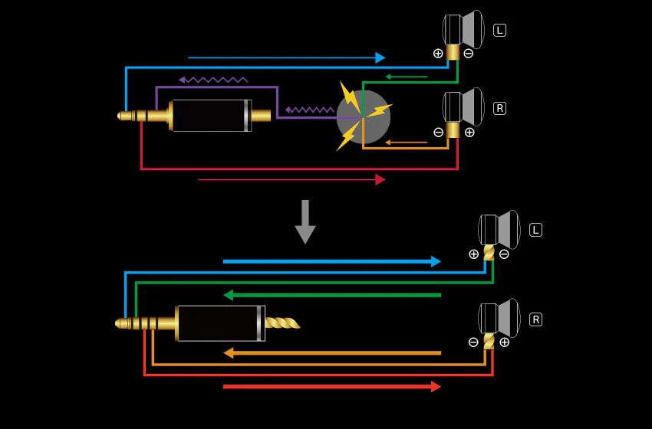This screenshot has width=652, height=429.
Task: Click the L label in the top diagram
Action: (499, 31)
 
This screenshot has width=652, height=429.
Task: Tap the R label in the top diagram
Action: (499, 108)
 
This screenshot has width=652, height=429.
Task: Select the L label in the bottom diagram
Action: (535, 230)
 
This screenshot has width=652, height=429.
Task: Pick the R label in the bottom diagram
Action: (535, 319)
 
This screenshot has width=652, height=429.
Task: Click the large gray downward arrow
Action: (305, 222)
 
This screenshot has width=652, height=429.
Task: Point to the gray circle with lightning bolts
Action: (363, 117)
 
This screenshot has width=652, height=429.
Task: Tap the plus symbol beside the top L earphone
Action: (438, 53)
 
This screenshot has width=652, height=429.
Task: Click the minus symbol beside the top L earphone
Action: (469, 54)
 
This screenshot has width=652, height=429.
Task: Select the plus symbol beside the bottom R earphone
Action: (505, 342)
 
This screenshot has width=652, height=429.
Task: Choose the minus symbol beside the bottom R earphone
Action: (473, 342)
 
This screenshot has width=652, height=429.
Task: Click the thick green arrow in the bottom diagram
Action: (332, 295)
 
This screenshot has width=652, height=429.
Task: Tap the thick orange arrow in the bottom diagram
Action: (332, 353)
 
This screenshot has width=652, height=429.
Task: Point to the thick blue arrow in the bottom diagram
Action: (332, 262)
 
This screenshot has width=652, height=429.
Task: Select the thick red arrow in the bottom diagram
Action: (332, 387)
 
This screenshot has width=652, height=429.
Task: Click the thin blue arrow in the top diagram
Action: (287, 57)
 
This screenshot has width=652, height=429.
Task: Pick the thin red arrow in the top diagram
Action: (292, 180)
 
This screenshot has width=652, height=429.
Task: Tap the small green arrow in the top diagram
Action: (407, 77)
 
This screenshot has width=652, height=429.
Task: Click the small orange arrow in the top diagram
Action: (407, 142)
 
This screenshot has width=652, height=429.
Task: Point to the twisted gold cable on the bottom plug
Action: (283, 323)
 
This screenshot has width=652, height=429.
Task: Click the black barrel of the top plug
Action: (212, 116)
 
